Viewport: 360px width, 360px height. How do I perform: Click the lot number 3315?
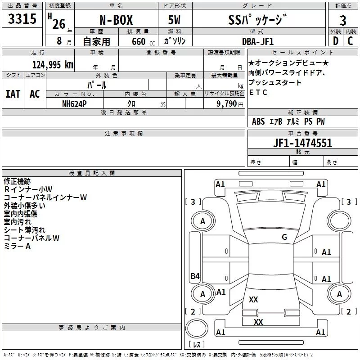22,19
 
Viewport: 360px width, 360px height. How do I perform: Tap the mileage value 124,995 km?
53,64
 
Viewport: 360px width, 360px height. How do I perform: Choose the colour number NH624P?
75,103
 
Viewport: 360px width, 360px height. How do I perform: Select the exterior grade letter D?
335,41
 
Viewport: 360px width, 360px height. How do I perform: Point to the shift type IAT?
13,94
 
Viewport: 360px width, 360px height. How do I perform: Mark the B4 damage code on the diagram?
195,276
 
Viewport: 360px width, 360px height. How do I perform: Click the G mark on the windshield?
284,237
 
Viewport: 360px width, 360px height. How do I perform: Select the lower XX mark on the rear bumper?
258,322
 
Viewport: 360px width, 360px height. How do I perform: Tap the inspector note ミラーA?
17,246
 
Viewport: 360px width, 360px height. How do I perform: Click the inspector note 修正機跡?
17,181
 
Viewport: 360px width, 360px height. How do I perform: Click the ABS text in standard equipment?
258,121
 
